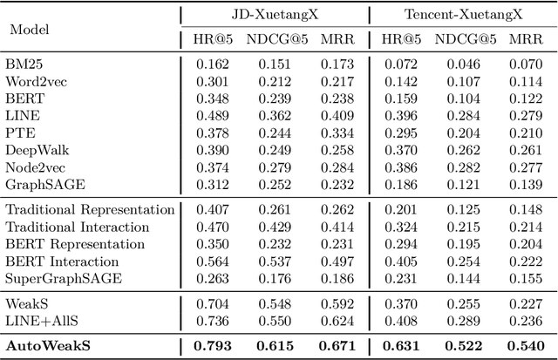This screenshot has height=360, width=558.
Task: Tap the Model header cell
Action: (x=29, y=28)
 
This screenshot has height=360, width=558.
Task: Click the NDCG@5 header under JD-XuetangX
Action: (x=272, y=39)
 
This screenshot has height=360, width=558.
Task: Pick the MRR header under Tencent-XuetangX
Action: (x=526, y=39)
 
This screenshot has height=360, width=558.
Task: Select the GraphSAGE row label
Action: (x=40, y=184)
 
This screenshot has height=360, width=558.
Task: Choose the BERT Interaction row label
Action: (x=62, y=261)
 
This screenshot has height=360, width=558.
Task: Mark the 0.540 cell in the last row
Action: (x=526, y=346)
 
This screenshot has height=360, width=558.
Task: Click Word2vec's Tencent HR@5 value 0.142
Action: (x=398, y=81)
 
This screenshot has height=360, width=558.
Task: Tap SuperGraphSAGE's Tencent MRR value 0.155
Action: (x=526, y=278)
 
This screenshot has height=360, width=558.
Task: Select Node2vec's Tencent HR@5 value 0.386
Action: (x=398, y=166)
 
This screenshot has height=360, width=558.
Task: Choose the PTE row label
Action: (x=19, y=132)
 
